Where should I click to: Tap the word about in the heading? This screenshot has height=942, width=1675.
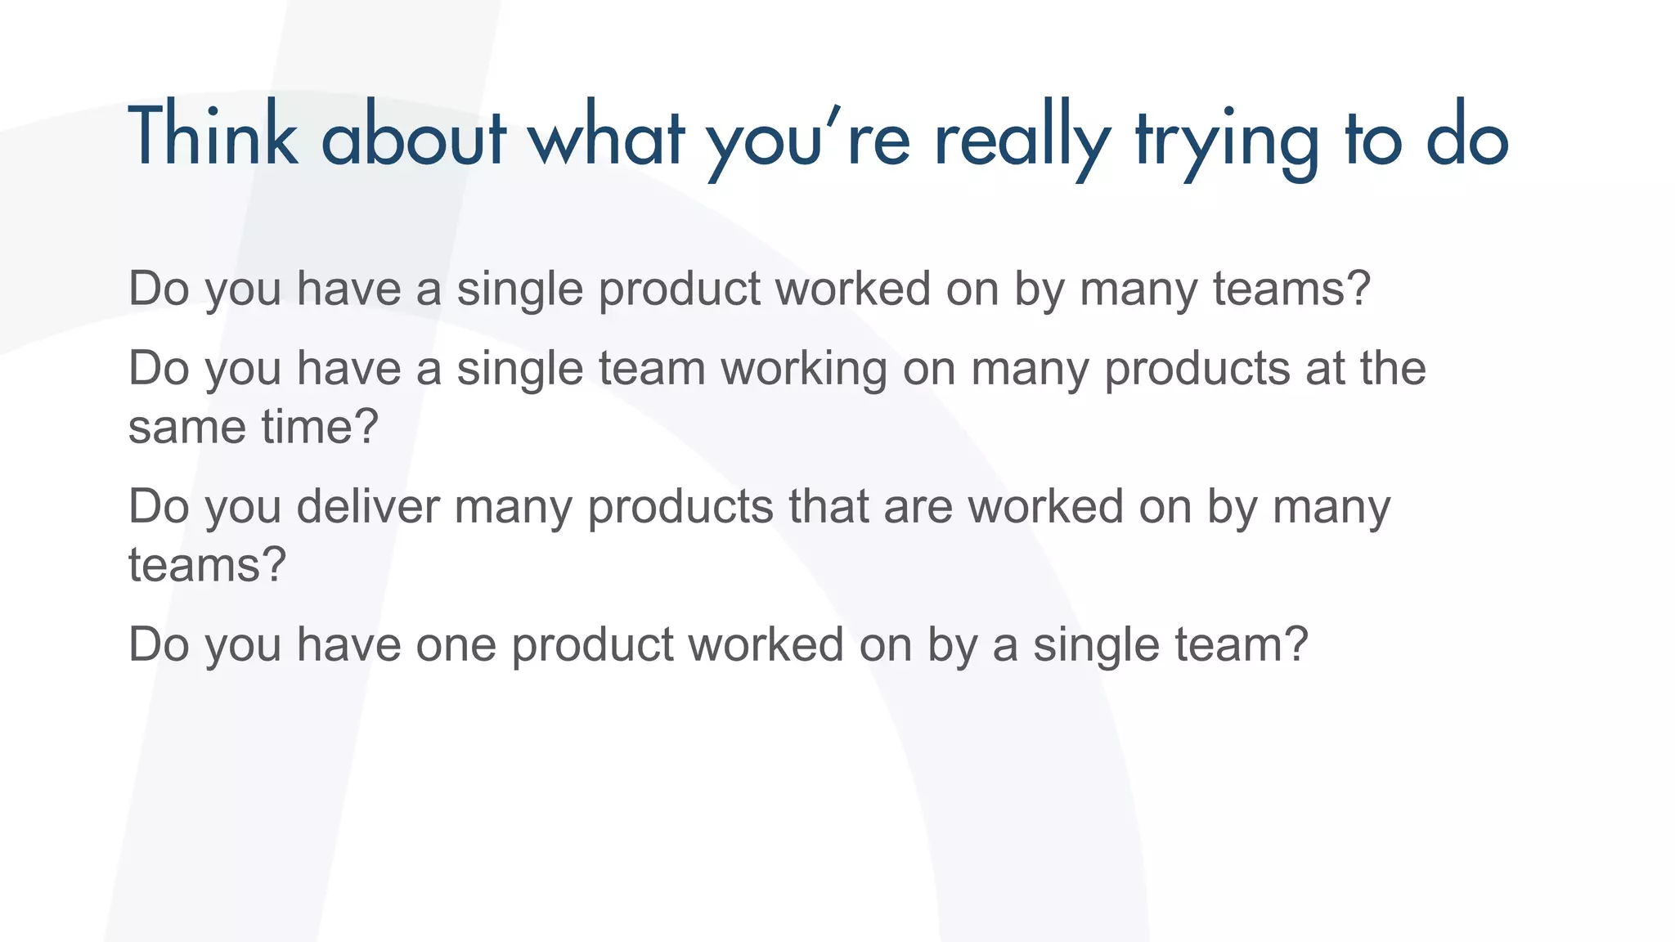[414, 136]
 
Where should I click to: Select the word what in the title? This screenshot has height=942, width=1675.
[606, 136]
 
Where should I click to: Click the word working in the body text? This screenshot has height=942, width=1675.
[804, 369]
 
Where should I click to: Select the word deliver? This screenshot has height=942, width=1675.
[368, 506]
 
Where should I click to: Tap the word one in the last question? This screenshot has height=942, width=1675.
[456, 644]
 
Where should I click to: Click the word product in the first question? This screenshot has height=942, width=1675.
[680, 289]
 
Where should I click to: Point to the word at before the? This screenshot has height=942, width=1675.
[1325, 369]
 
